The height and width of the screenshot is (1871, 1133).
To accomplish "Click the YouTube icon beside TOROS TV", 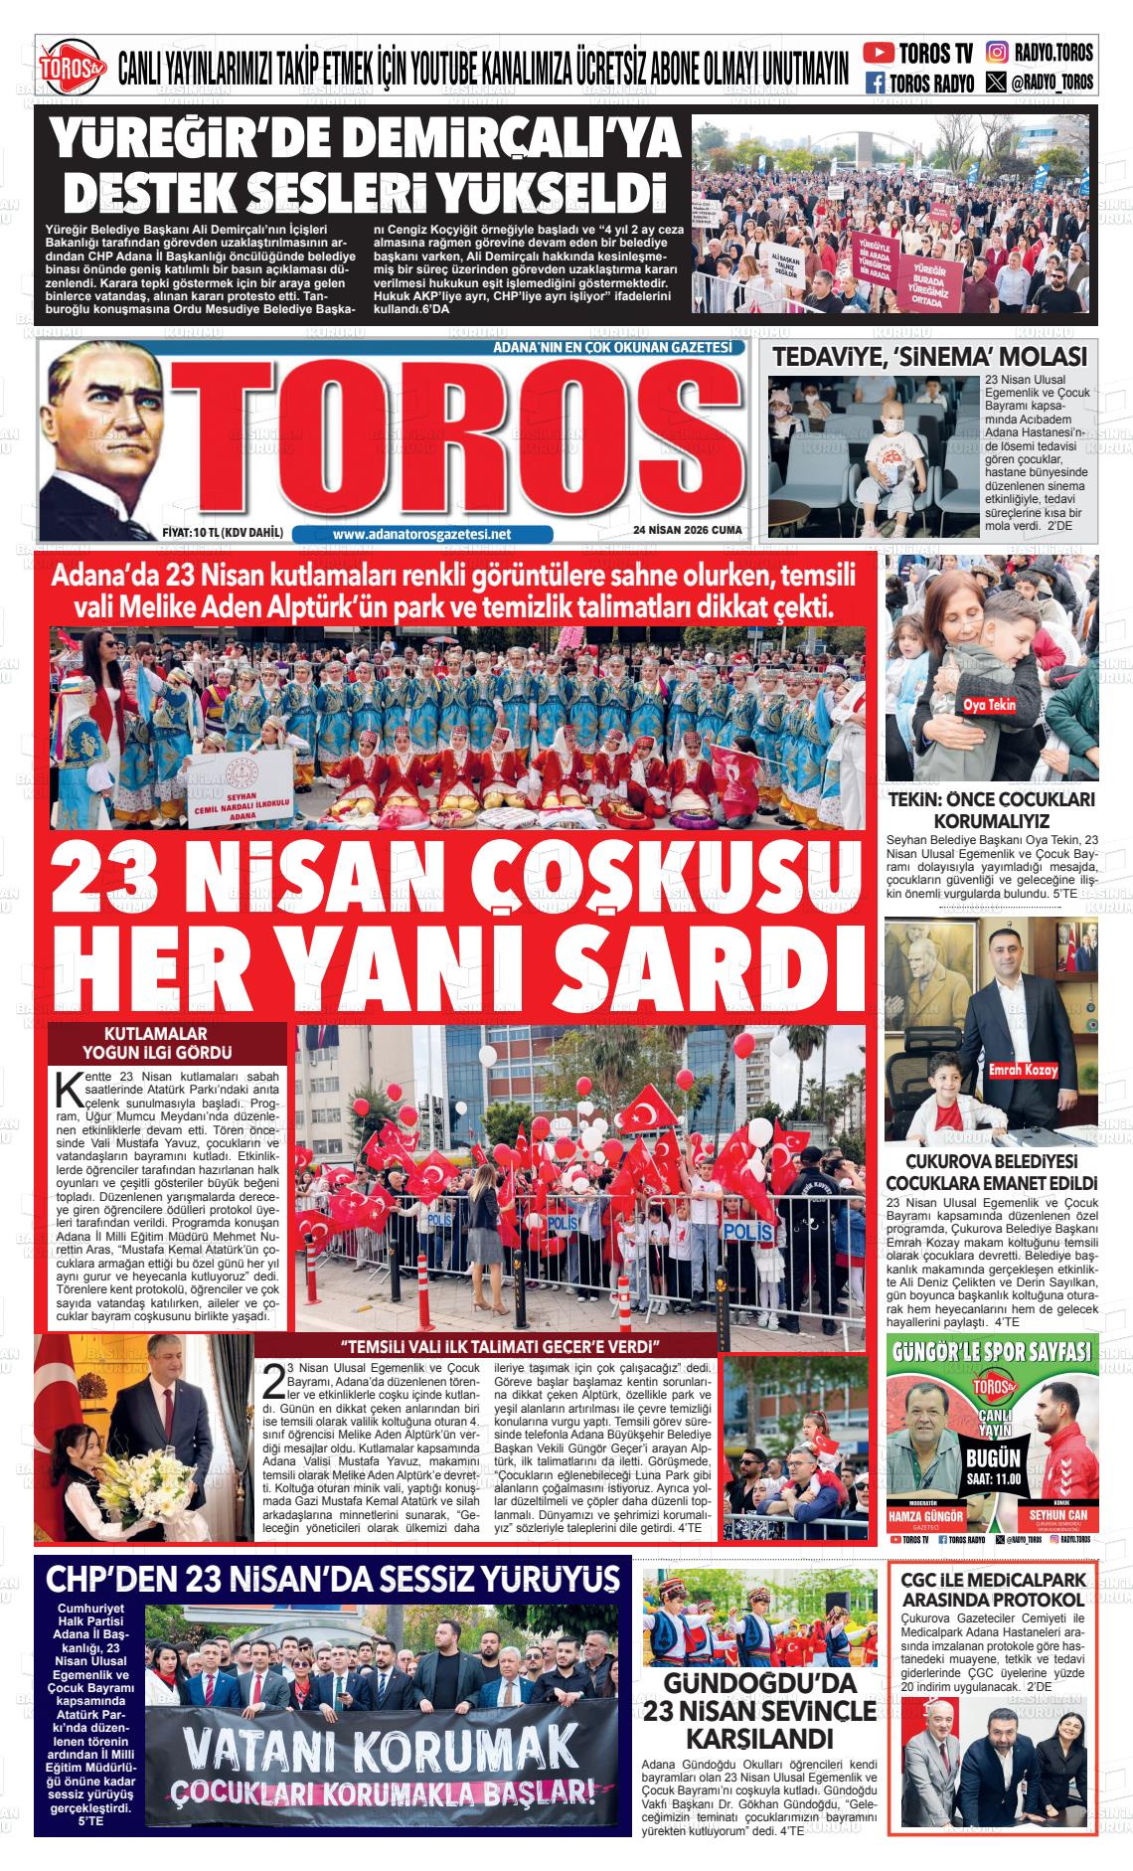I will [878, 52].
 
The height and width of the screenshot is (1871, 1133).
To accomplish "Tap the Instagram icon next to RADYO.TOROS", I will [997, 52].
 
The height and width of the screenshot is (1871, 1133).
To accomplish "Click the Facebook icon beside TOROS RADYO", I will [876, 83].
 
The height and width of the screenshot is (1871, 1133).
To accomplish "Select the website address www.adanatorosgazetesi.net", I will [421, 534].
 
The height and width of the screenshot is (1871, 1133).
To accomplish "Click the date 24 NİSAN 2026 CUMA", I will [687, 531].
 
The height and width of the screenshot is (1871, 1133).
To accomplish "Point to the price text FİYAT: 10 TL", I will [223, 533].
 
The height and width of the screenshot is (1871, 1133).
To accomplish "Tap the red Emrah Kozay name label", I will [1023, 1071].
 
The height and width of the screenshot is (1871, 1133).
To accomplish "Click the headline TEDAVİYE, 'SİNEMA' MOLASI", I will [930, 357].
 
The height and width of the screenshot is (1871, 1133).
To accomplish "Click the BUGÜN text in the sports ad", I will [993, 1457].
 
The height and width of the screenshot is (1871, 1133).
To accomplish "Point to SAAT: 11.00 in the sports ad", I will [993, 1478].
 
